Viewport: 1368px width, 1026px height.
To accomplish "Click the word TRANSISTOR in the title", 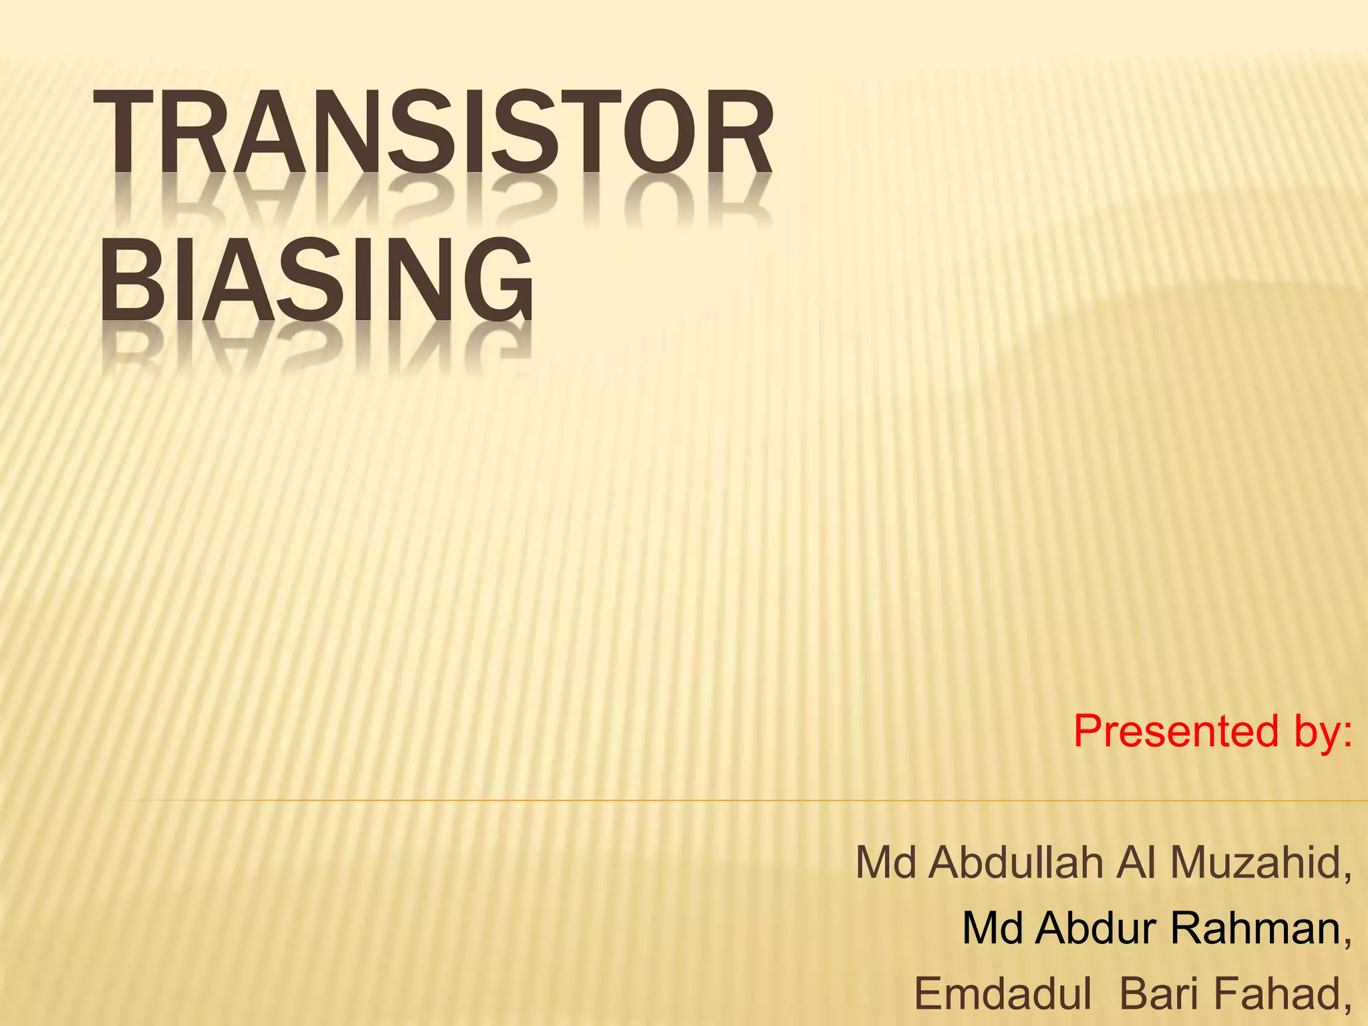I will click(433, 132).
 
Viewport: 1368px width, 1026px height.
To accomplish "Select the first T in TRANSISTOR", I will click(124, 132).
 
